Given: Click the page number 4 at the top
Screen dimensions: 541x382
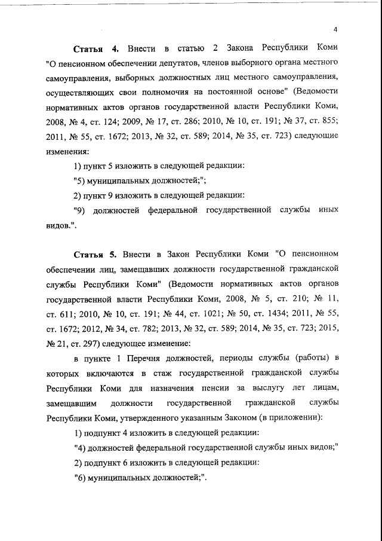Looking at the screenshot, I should click(x=335, y=30).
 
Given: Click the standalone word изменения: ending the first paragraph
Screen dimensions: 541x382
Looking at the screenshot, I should click(x=67, y=151).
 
